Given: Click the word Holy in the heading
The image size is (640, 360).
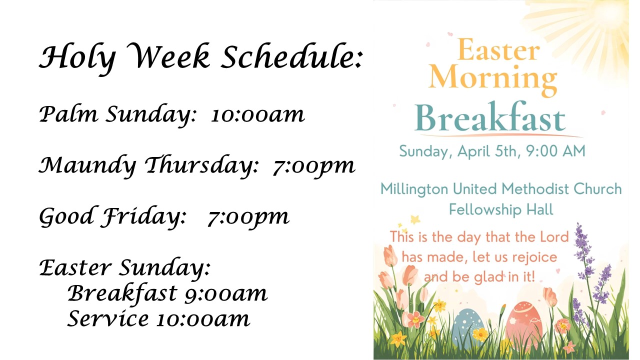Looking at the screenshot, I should point(77,58).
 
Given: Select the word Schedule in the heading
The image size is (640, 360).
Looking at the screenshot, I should point(290,58).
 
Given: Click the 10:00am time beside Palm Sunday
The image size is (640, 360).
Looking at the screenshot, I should point(257,115).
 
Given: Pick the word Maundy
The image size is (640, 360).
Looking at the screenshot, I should point(87,166).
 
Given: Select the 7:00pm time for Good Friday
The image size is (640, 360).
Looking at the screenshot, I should point(248,216).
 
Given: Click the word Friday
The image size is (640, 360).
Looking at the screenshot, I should point(144,216).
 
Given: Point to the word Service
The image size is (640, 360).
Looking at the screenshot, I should point(107,318).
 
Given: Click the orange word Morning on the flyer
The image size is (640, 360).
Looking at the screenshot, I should point(493,78).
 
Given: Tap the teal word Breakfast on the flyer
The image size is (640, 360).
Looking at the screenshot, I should point(490,119).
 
